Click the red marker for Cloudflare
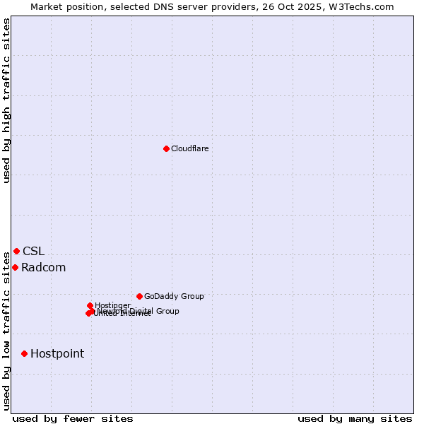click(x=166, y=148)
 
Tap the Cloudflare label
click(x=189, y=148)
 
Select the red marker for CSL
click(x=16, y=251)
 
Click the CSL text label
click(x=33, y=251)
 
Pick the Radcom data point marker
click(x=15, y=267)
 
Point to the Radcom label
click(x=43, y=267)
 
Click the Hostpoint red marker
click(x=24, y=353)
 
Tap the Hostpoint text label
click(x=57, y=353)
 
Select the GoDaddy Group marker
click(x=139, y=296)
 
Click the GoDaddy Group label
click(x=174, y=296)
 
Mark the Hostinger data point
click(x=90, y=305)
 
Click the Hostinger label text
click(x=112, y=305)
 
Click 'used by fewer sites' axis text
click(x=73, y=418)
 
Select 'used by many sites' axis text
click(x=355, y=418)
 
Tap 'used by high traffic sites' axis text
click(x=6, y=100)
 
